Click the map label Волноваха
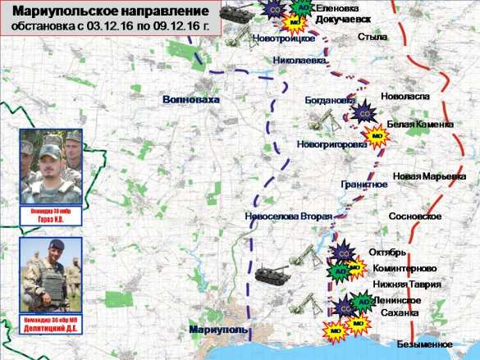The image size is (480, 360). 192,98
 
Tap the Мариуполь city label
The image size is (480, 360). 217,329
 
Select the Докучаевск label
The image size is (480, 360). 342,18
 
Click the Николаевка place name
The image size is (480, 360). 302,60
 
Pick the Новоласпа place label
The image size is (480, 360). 405,97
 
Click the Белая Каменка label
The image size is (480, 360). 419,124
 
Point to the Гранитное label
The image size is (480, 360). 363,184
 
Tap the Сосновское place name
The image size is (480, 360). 416,216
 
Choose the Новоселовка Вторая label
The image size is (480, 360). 288,216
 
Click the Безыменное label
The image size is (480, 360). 424,344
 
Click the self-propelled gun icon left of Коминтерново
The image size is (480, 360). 270,273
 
